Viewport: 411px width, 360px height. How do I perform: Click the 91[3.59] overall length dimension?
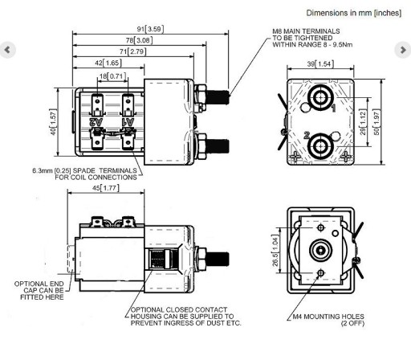150,29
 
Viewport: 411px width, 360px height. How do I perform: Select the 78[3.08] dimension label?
139,40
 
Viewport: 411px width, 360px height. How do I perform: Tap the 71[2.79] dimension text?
133,51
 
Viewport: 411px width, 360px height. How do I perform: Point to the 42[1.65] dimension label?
108,63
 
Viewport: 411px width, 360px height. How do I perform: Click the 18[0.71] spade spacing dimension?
112,76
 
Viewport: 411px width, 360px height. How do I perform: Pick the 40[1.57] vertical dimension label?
53,122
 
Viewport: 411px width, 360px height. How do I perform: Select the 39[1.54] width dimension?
320,64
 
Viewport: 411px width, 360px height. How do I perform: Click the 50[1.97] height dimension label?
376,122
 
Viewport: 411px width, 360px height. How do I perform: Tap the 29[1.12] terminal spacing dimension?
362,122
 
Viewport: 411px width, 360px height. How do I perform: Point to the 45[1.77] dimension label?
106,188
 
